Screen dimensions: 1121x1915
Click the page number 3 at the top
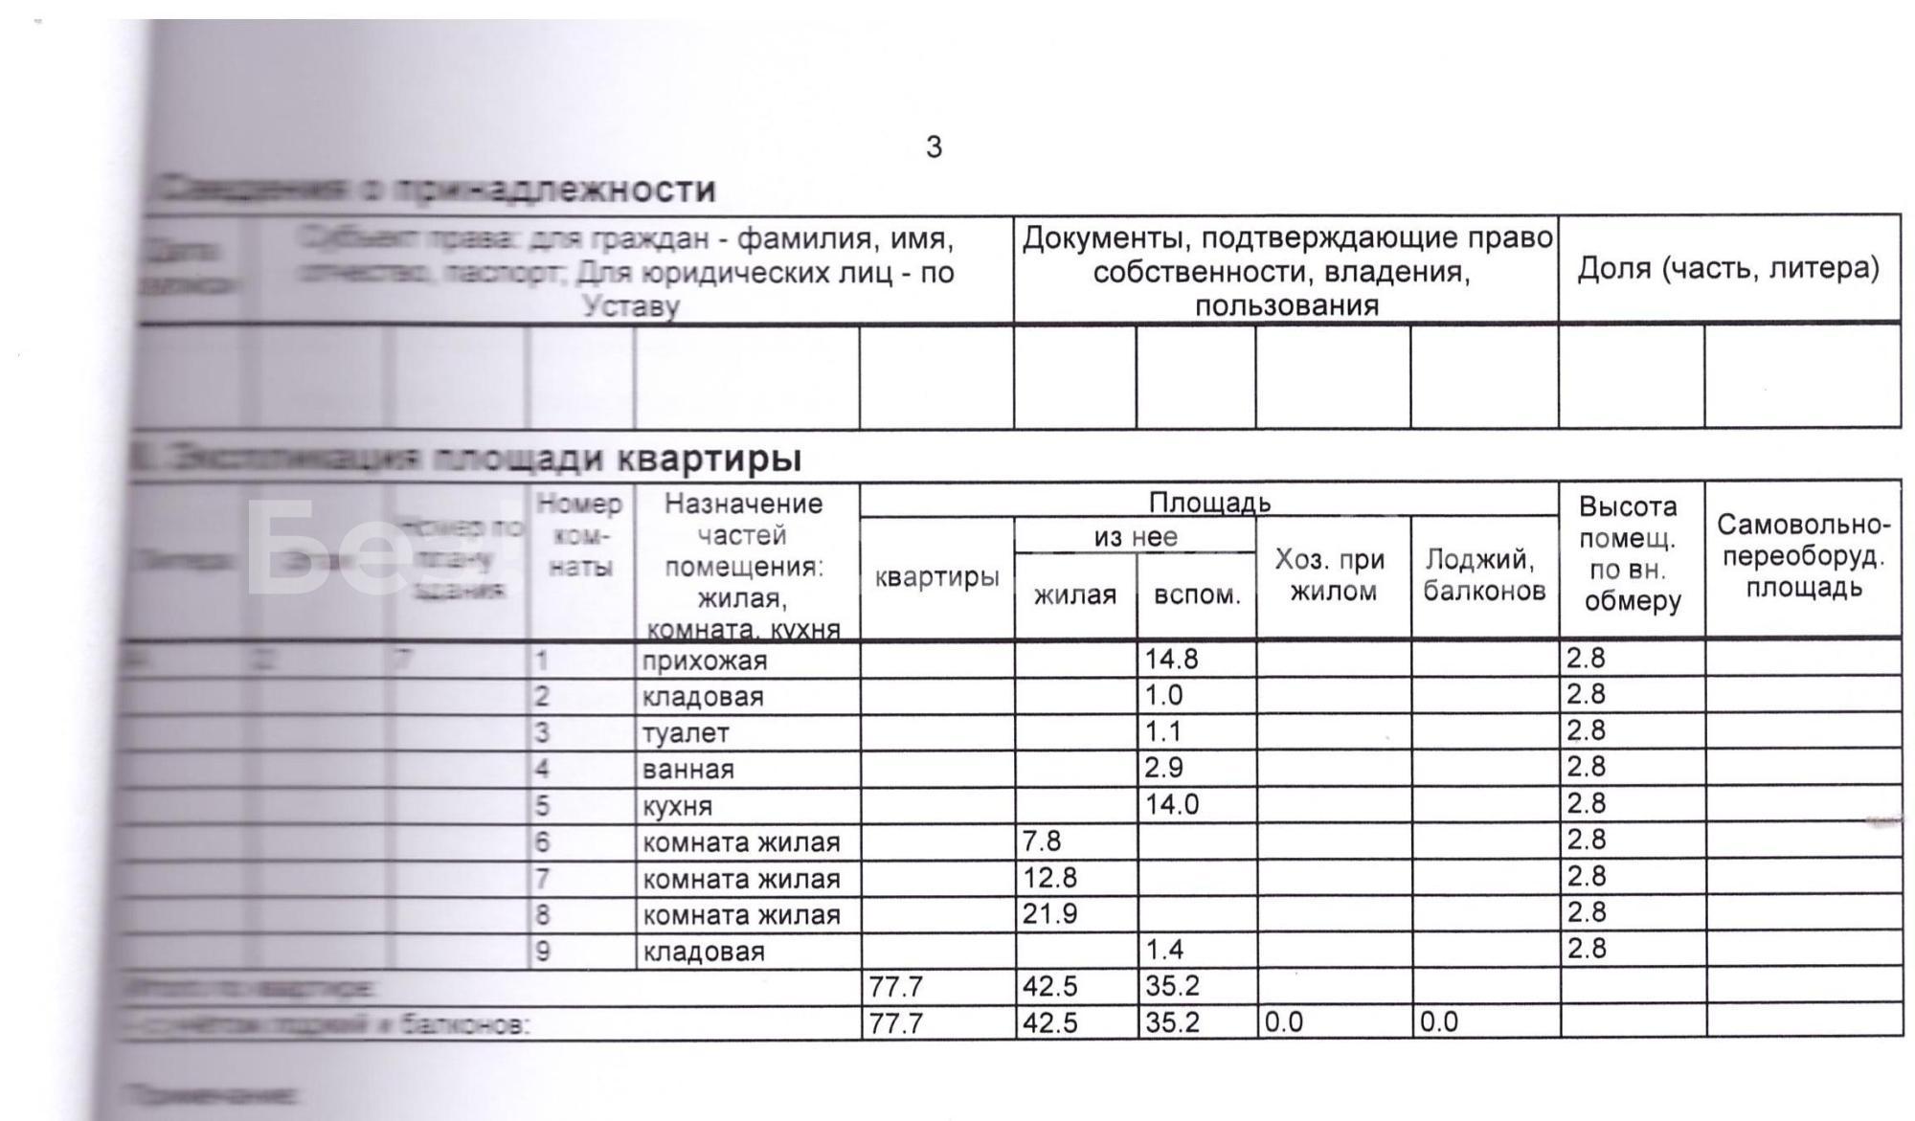(x=934, y=147)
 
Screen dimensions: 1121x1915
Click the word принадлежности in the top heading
(x=555, y=190)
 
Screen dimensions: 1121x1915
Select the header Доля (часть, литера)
(x=1728, y=268)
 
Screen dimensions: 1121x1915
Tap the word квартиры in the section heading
(x=709, y=459)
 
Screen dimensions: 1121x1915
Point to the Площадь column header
(x=1209, y=502)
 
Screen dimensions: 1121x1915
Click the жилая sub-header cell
(x=1075, y=594)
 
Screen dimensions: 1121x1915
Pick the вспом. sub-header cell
(x=1197, y=594)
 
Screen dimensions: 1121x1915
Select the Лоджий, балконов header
(x=1484, y=574)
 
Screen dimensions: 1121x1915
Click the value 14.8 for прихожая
(x=1172, y=659)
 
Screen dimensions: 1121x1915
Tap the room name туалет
(x=686, y=733)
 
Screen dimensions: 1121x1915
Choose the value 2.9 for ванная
(x=1164, y=768)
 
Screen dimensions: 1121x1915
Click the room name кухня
(x=677, y=806)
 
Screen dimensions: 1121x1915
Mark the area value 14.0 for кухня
(x=1172, y=804)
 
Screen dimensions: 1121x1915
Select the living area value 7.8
(x=1042, y=841)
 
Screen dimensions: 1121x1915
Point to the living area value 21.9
(x=1049, y=913)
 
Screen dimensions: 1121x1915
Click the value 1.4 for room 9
(x=1164, y=949)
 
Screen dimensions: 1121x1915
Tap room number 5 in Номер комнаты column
(x=543, y=806)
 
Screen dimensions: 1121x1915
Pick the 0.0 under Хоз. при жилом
(x=1284, y=1022)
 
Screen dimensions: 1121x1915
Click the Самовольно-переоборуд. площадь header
(x=1803, y=555)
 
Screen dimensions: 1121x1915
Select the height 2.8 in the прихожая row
(x=1586, y=659)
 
